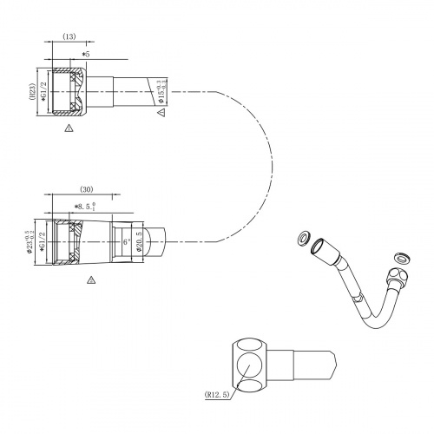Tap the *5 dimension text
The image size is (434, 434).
click(x=85, y=55)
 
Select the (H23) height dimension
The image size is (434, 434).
click(x=33, y=94)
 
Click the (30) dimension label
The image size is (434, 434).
click(x=86, y=189)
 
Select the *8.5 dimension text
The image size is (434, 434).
click(x=87, y=207)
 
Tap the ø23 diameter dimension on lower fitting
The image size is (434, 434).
click(x=31, y=242)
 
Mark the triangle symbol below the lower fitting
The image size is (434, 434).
click(x=90, y=280)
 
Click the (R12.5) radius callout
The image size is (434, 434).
click(x=218, y=393)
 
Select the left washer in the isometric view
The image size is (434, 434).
click(x=303, y=238)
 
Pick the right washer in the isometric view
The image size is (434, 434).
click(x=401, y=257)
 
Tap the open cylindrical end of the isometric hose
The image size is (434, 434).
click(x=320, y=247)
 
